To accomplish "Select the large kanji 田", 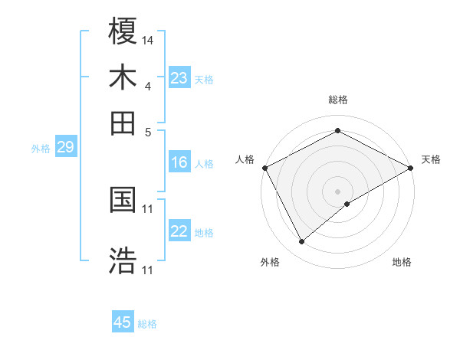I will (123, 123).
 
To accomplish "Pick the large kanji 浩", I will (123, 260).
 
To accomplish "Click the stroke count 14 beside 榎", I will (148, 40).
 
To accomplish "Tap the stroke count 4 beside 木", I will (148, 86).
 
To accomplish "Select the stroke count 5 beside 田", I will (148, 132).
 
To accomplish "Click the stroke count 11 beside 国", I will (148, 208).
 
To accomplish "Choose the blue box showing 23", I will (179, 78).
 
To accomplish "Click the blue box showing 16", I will (179, 162).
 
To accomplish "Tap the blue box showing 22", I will (179, 231).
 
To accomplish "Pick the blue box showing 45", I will (123, 322).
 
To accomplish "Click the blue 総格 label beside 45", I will (147, 324).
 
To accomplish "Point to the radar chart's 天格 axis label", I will (431, 160).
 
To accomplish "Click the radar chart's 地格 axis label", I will (402, 263).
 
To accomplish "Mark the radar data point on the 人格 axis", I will (264, 167).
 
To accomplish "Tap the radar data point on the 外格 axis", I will (301, 242).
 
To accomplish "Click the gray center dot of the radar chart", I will (337, 191).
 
